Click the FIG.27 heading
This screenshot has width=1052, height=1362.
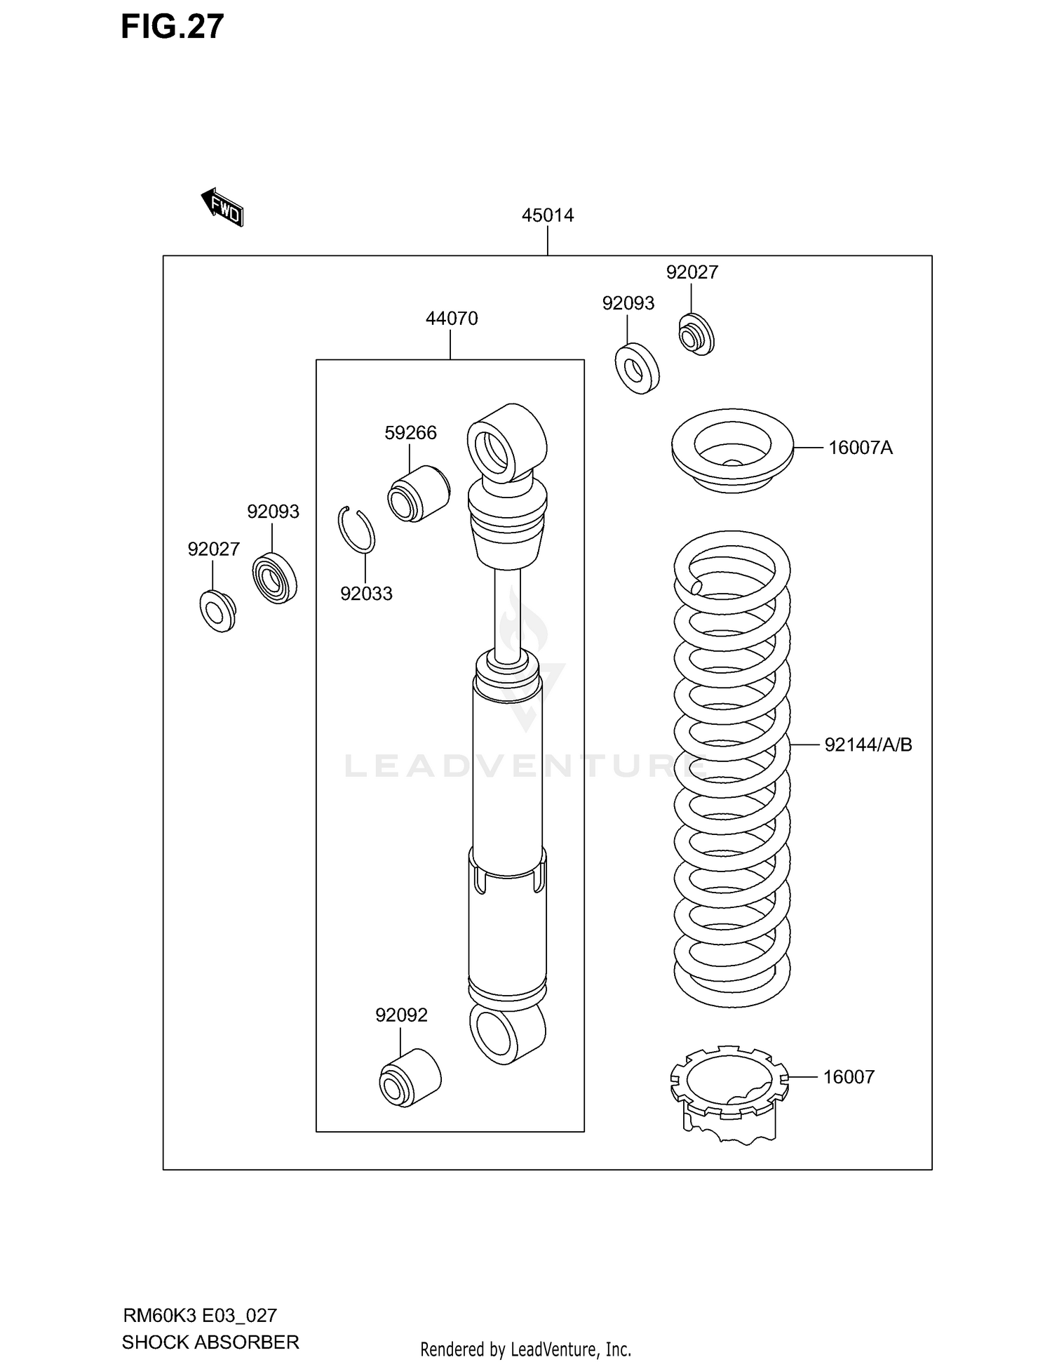[x=172, y=27]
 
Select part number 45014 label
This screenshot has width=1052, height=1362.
[x=547, y=215]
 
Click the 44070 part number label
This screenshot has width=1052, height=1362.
[x=451, y=319]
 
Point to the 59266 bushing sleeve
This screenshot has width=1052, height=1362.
[x=418, y=493]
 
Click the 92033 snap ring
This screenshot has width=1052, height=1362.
[x=357, y=529]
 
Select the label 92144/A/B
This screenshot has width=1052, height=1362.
[x=868, y=745]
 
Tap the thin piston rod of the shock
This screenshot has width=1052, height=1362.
[x=507, y=610]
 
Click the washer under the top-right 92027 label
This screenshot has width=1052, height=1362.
[x=695, y=335]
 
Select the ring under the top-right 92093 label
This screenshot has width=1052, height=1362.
[x=637, y=368]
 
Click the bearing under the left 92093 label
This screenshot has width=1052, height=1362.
[x=274, y=577]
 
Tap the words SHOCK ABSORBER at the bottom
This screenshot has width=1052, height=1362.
[x=210, y=1342]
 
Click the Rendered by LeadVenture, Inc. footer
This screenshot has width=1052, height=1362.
[x=525, y=1349]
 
